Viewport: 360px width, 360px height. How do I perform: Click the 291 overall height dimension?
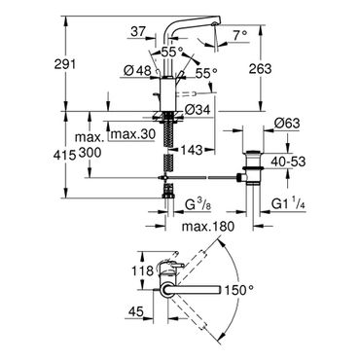(64, 64)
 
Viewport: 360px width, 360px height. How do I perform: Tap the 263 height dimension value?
(260, 68)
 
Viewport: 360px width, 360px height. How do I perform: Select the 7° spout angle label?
(240, 34)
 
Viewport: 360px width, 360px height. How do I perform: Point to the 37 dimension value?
(138, 32)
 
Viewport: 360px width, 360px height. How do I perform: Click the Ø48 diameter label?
(138, 70)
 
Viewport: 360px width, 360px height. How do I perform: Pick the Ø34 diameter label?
(198, 110)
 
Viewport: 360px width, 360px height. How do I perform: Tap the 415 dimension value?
(65, 157)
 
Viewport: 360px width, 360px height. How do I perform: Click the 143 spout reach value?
(192, 150)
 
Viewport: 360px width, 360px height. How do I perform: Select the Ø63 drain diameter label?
(286, 123)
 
